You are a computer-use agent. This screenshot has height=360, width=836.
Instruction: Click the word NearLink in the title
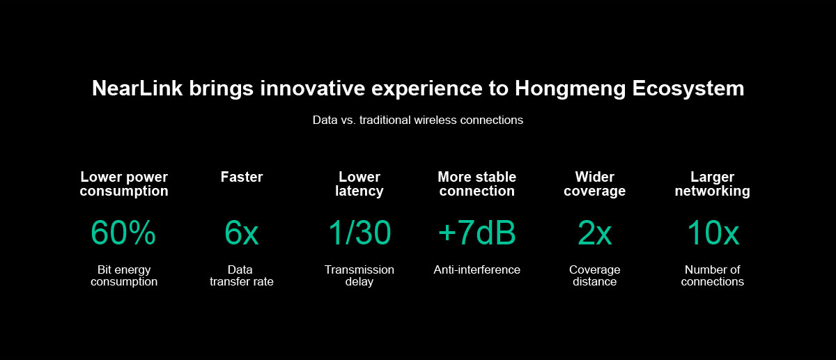point(137,88)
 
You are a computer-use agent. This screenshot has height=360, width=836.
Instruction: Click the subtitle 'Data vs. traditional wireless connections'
point(417,120)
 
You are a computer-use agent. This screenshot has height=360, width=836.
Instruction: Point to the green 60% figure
point(123,233)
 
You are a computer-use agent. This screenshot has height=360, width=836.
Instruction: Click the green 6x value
point(242,233)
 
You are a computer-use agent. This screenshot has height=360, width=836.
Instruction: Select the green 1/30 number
point(359,233)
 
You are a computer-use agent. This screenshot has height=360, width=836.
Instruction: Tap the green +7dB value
point(477,233)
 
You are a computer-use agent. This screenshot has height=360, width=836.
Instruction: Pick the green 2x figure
point(594,233)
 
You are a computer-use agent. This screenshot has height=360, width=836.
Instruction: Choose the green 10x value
point(713,233)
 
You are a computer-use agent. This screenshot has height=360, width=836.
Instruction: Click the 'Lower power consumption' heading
point(124,184)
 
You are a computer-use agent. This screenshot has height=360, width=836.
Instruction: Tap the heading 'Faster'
point(242,177)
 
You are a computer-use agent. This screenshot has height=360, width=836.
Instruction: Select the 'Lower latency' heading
point(359,184)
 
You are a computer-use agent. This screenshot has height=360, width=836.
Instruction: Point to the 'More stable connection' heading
point(477,184)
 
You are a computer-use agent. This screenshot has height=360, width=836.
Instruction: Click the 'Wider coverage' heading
point(594,184)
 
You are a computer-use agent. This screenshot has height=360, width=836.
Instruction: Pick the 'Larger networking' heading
point(713,184)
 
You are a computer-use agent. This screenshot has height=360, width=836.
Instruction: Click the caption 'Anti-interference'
point(477,269)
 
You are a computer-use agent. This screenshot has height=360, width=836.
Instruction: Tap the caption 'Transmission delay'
point(359,275)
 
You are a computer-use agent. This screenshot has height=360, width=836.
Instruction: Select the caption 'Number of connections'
point(713,275)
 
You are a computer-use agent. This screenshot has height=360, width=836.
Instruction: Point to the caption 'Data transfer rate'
point(242,275)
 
